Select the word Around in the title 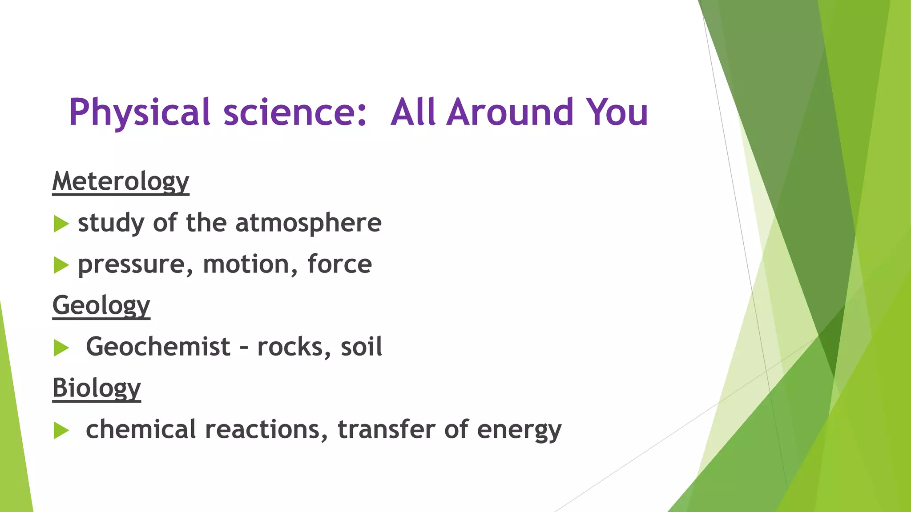[x=510, y=112]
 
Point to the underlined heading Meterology [x=121, y=181]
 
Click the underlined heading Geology [x=101, y=305]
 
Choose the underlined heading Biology [x=97, y=388]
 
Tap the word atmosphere [x=308, y=223]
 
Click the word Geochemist [x=158, y=347]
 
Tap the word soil [x=361, y=347]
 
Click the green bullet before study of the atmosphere [x=61, y=224]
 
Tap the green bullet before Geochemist [x=61, y=348]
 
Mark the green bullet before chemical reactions [x=61, y=430]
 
